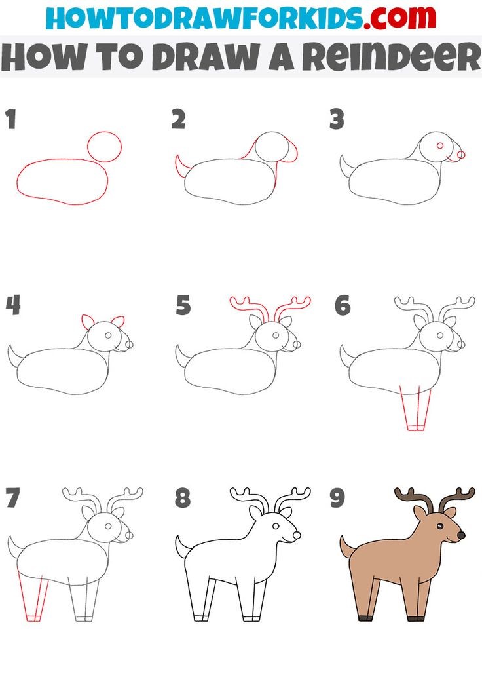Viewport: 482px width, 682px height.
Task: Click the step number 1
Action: (x=11, y=119)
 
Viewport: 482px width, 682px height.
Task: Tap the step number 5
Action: (x=183, y=305)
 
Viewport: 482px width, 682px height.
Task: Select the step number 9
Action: (x=337, y=498)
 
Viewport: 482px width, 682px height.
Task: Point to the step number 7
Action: (x=13, y=498)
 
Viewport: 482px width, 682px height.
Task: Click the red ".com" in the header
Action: (x=400, y=18)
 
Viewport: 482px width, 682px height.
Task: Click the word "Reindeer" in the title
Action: (x=392, y=57)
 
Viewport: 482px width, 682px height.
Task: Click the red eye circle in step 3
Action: (x=440, y=145)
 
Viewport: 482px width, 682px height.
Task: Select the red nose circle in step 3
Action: (x=462, y=154)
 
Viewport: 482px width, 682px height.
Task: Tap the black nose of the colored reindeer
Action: (x=461, y=535)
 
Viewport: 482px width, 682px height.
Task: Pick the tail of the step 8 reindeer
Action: (x=180, y=547)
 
